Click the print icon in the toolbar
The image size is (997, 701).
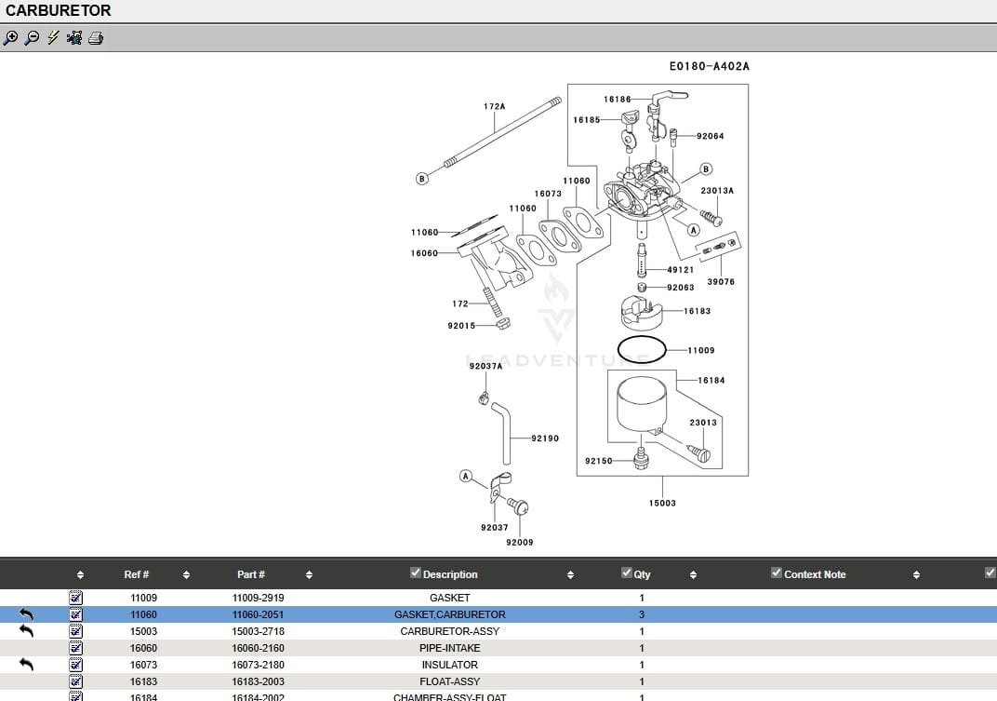[96, 38]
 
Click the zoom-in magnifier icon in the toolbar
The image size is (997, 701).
[10, 38]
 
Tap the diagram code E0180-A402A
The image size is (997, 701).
[709, 67]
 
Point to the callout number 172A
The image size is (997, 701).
[494, 107]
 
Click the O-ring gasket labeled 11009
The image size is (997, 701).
[641, 351]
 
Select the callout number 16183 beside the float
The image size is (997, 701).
[697, 311]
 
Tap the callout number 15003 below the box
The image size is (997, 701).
[662, 503]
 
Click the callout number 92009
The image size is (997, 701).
[519, 542]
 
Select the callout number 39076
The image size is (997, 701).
[720, 282]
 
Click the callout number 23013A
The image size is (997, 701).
[717, 191]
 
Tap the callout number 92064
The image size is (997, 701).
[710, 137]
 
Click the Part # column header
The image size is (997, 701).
[250, 574]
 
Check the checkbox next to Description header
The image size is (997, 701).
[416, 573]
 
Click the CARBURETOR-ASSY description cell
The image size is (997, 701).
[449, 631]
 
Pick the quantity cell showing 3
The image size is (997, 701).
[642, 614]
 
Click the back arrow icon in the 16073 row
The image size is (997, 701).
[26, 664]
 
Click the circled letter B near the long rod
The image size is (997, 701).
[421, 178]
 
